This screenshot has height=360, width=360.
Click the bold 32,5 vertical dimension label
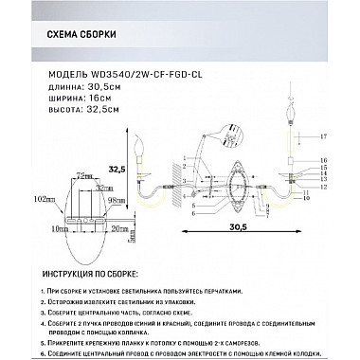click(117, 170)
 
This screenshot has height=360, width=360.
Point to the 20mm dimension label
click(117, 229)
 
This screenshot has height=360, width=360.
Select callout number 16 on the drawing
click(322, 160)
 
